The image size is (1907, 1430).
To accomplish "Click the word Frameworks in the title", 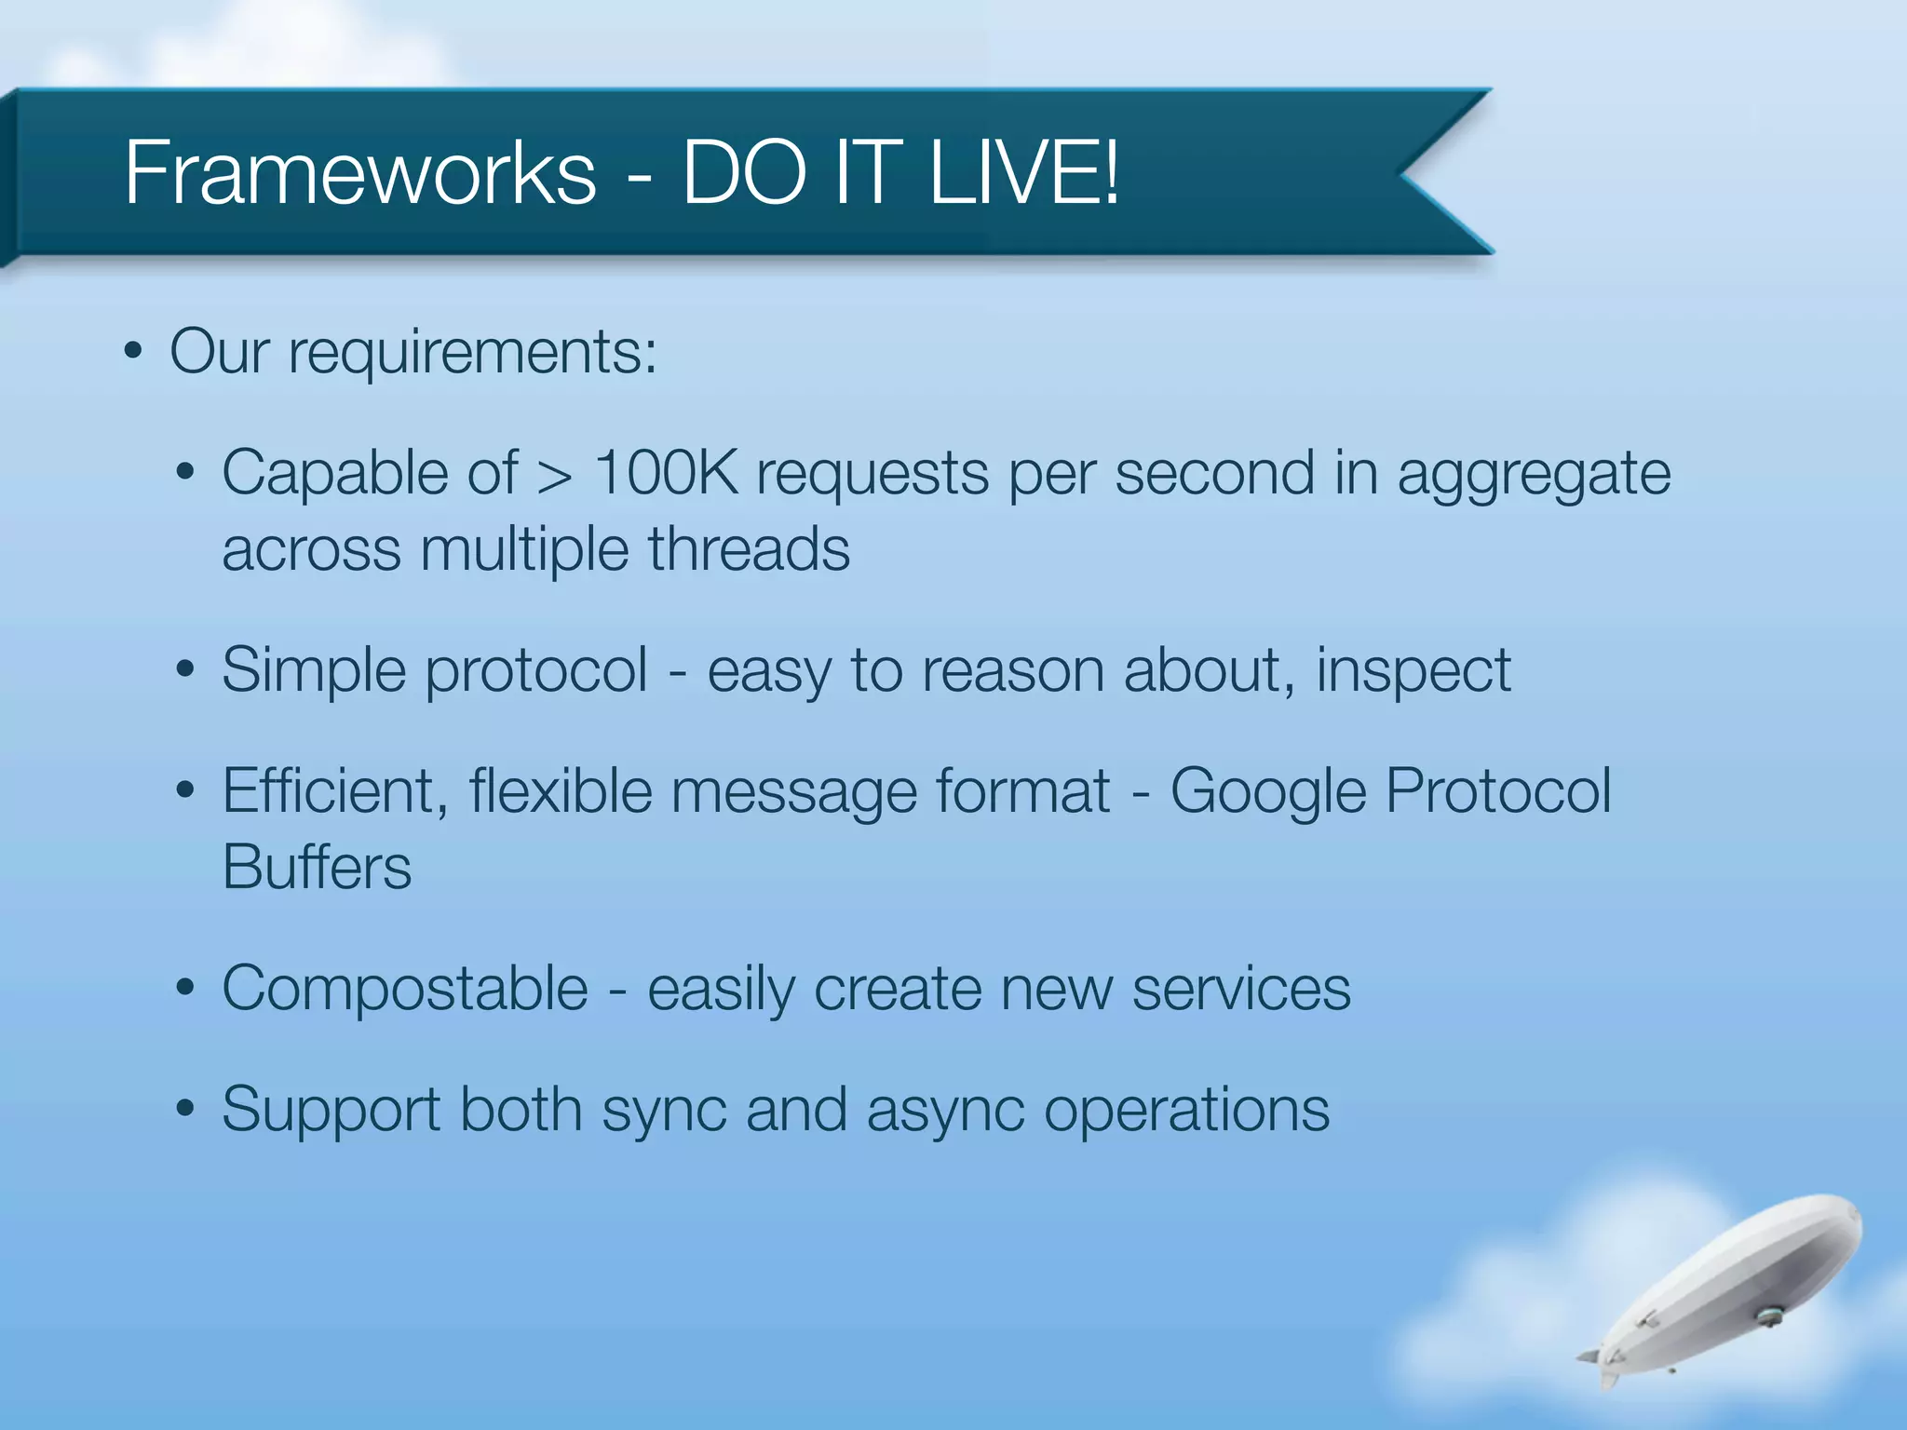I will tap(359, 173).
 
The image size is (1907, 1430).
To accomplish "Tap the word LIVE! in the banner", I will tap(1024, 173).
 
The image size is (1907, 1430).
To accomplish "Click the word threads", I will tap(749, 549).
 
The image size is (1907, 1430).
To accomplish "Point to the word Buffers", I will tap(317, 868).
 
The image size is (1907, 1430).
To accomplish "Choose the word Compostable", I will tap(405, 989).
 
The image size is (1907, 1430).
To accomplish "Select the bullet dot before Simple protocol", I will tap(185, 670).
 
